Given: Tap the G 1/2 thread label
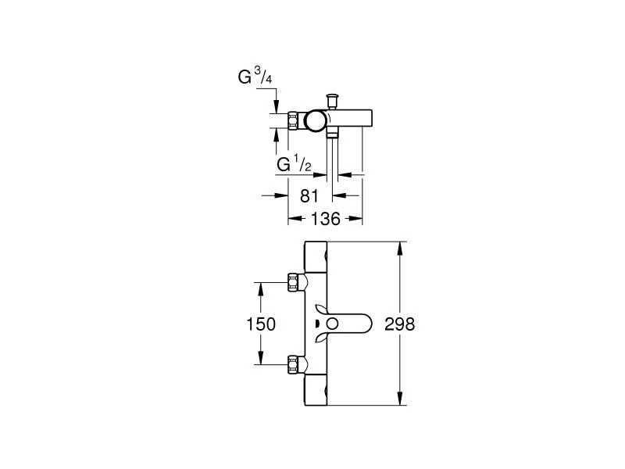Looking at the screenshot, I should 295,165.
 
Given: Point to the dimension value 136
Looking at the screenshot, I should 325,219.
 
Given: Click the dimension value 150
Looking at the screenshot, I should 260,323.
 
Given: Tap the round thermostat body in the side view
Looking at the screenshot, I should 316,121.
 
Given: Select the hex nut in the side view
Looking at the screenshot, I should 295,121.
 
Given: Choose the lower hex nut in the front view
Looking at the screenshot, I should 295,364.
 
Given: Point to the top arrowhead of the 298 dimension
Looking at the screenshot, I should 401,247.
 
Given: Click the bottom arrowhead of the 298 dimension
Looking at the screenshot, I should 401,400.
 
